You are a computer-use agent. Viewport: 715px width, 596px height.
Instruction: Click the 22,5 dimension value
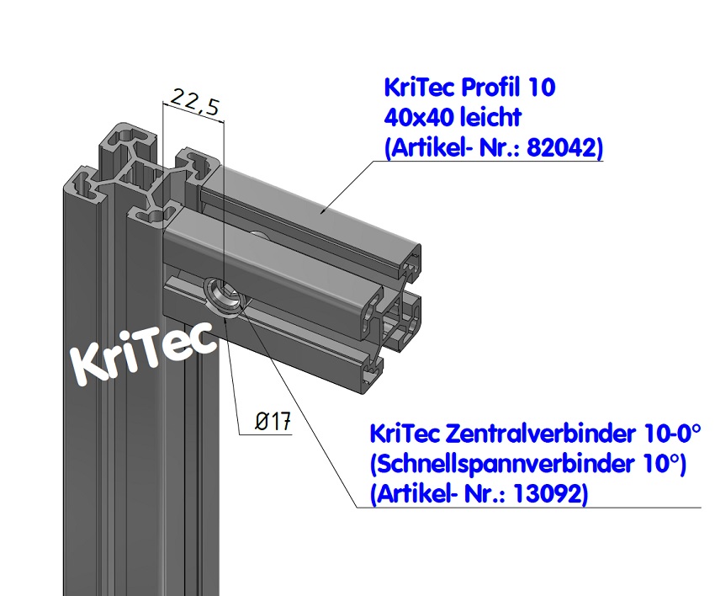(x=194, y=104)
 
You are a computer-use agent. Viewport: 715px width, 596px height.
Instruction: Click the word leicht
(x=489, y=117)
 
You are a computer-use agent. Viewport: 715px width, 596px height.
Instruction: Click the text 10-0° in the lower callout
(x=672, y=434)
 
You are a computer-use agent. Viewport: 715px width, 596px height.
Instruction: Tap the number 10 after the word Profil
(x=542, y=87)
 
